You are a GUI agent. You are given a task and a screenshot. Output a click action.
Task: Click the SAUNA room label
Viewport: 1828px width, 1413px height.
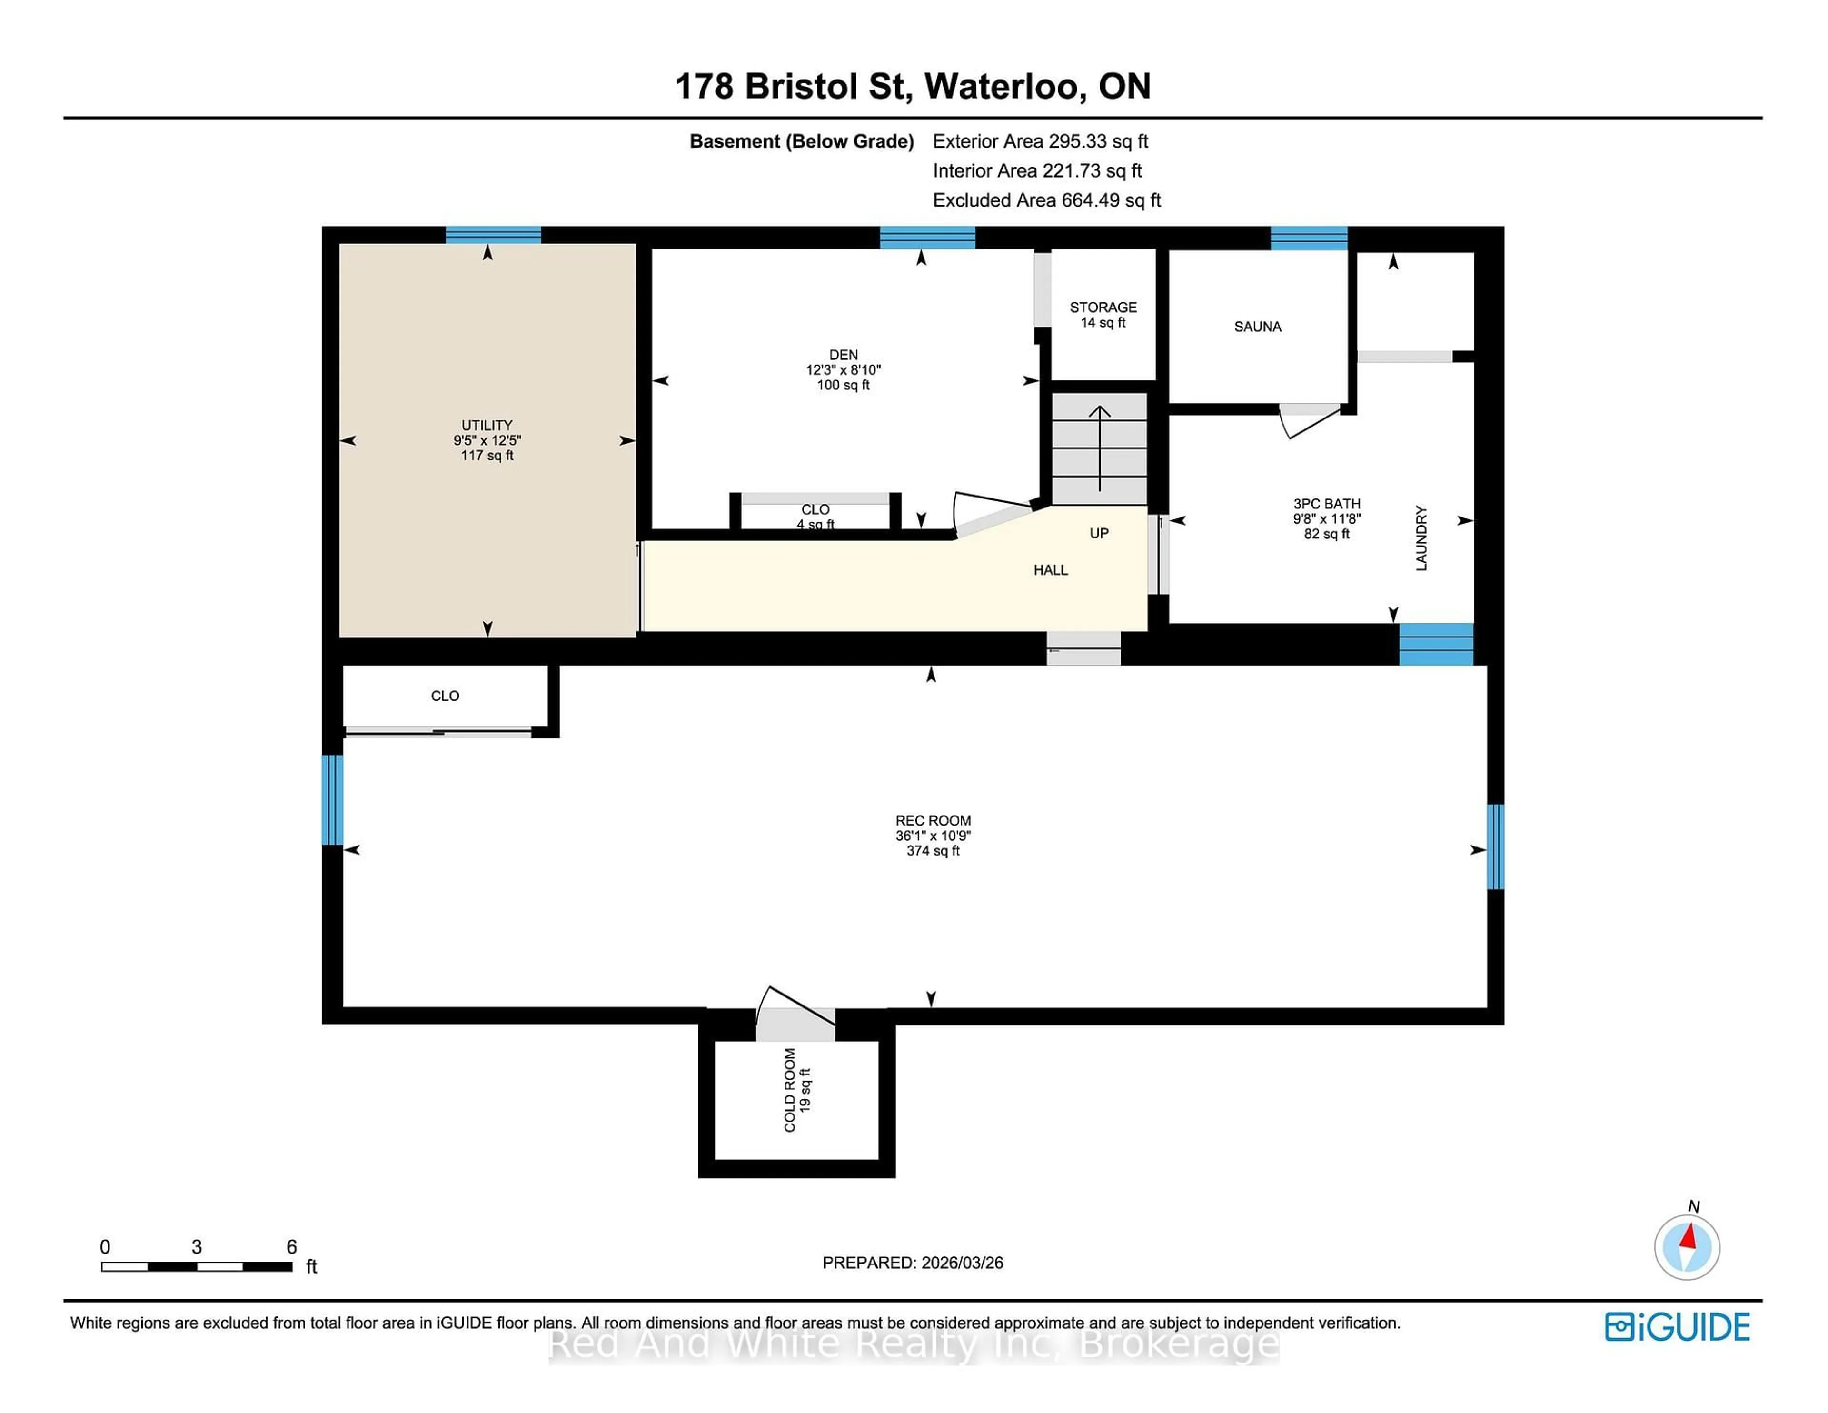click(x=1257, y=327)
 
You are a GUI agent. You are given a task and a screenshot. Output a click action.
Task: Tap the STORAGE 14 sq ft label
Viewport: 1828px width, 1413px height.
click(x=1103, y=315)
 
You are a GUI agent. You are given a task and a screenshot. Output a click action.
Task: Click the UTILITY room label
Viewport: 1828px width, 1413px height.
click(x=487, y=425)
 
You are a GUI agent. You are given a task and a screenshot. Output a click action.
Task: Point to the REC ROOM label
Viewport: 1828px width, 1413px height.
click(x=933, y=820)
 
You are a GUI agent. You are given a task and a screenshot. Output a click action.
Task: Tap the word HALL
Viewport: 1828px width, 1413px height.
click(x=1051, y=570)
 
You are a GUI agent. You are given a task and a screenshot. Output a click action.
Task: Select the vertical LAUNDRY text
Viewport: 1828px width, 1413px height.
click(x=1421, y=538)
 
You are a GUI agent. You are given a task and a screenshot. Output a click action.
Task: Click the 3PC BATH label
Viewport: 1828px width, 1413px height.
click(x=1327, y=504)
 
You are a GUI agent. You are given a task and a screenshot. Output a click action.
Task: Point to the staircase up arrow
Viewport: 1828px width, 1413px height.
click(x=1099, y=448)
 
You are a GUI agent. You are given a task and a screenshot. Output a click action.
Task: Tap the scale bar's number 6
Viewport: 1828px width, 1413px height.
click(x=291, y=1246)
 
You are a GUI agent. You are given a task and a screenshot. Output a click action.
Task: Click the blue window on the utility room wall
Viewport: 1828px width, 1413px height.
click(x=493, y=235)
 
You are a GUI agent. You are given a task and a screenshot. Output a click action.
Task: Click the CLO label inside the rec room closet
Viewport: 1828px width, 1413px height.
click(x=445, y=696)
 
